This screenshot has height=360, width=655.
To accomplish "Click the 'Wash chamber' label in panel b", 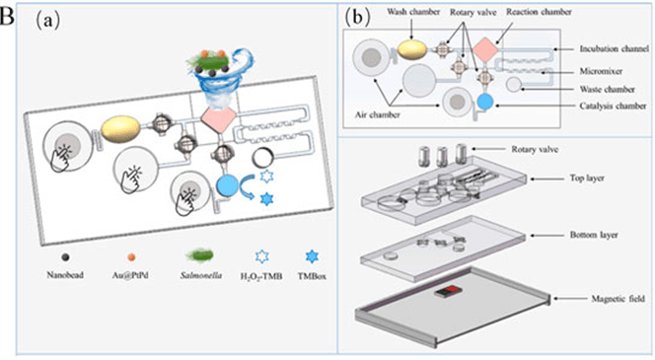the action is pyautogui.click(x=413, y=12).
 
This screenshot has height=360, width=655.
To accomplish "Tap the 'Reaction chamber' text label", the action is pyautogui.click(x=539, y=12).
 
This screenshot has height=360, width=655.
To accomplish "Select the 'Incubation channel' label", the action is pyautogui.click(x=614, y=49).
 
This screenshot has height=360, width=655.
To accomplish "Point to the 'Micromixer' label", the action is pyautogui.click(x=601, y=71).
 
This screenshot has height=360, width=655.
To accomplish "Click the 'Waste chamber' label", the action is pyautogui.click(x=607, y=89).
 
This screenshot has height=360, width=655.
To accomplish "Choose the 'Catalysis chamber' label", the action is pyautogui.click(x=613, y=107).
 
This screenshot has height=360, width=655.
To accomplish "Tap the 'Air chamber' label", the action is pyautogui.click(x=378, y=114).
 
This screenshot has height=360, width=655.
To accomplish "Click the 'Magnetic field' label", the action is pyautogui.click(x=618, y=299).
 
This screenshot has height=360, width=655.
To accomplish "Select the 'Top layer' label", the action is pyautogui.click(x=587, y=179).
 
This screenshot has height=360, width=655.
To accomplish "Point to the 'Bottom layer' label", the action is pyautogui.click(x=594, y=235).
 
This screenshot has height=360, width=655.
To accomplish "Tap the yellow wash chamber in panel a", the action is pyautogui.click(x=121, y=130).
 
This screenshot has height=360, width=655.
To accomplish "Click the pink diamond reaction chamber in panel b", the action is pyautogui.click(x=485, y=49).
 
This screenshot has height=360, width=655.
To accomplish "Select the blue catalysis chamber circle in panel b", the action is pyautogui.click(x=485, y=102).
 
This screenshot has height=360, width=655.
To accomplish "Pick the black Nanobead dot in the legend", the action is pyautogui.click(x=65, y=257).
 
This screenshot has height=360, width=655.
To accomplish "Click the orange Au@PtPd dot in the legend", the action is pyautogui.click(x=131, y=257).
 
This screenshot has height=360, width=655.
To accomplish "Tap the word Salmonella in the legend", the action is pyautogui.click(x=201, y=275).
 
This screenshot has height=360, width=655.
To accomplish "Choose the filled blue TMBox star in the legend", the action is pyautogui.click(x=312, y=256).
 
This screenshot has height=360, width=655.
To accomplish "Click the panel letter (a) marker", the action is pyautogui.click(x=47, y=20).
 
